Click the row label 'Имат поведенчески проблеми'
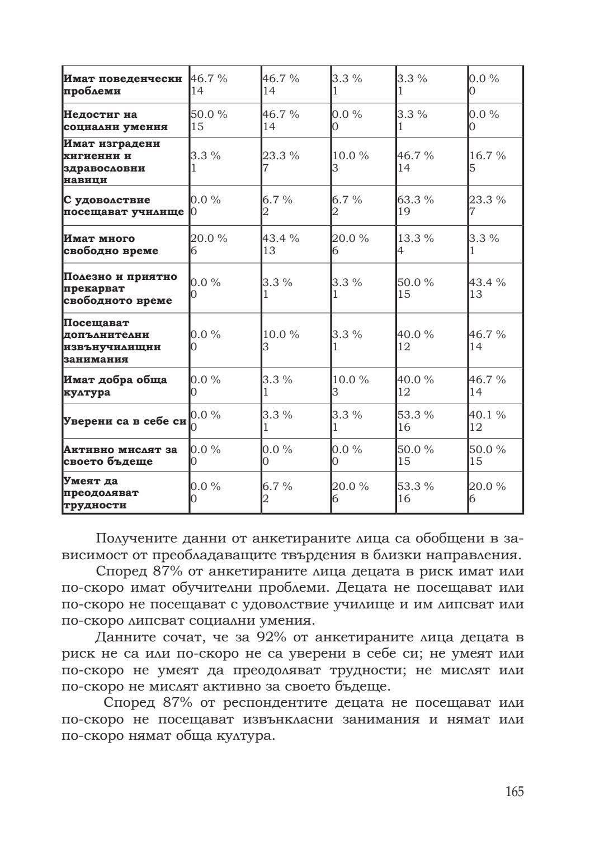122,84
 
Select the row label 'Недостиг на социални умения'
115,121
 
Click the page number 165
515,792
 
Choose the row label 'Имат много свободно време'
111,245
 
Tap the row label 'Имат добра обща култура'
115,386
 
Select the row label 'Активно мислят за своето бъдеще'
120,455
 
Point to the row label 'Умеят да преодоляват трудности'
101,493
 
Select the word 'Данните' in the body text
122,637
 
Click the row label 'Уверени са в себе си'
124,421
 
